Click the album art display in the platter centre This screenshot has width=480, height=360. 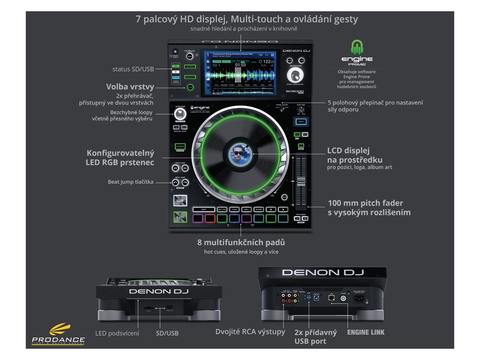click(x=240, y=154)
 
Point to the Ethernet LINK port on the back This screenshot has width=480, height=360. click(x=331, y=297)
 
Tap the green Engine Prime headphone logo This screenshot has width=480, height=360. click(x=358, y=48)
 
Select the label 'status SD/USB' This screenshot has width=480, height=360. click(x=133, y=69)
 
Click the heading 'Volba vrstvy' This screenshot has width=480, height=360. click(x=130, y=87)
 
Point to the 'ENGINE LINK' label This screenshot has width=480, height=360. click(x=366, y=332)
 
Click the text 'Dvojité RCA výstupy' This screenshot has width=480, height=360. click(x=250, y=332)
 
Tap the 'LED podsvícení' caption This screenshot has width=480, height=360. click(x=117, y=333)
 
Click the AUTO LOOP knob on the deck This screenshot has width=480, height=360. click(x=180, y=114)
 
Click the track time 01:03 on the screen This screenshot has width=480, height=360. click(x=240, y=65)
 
